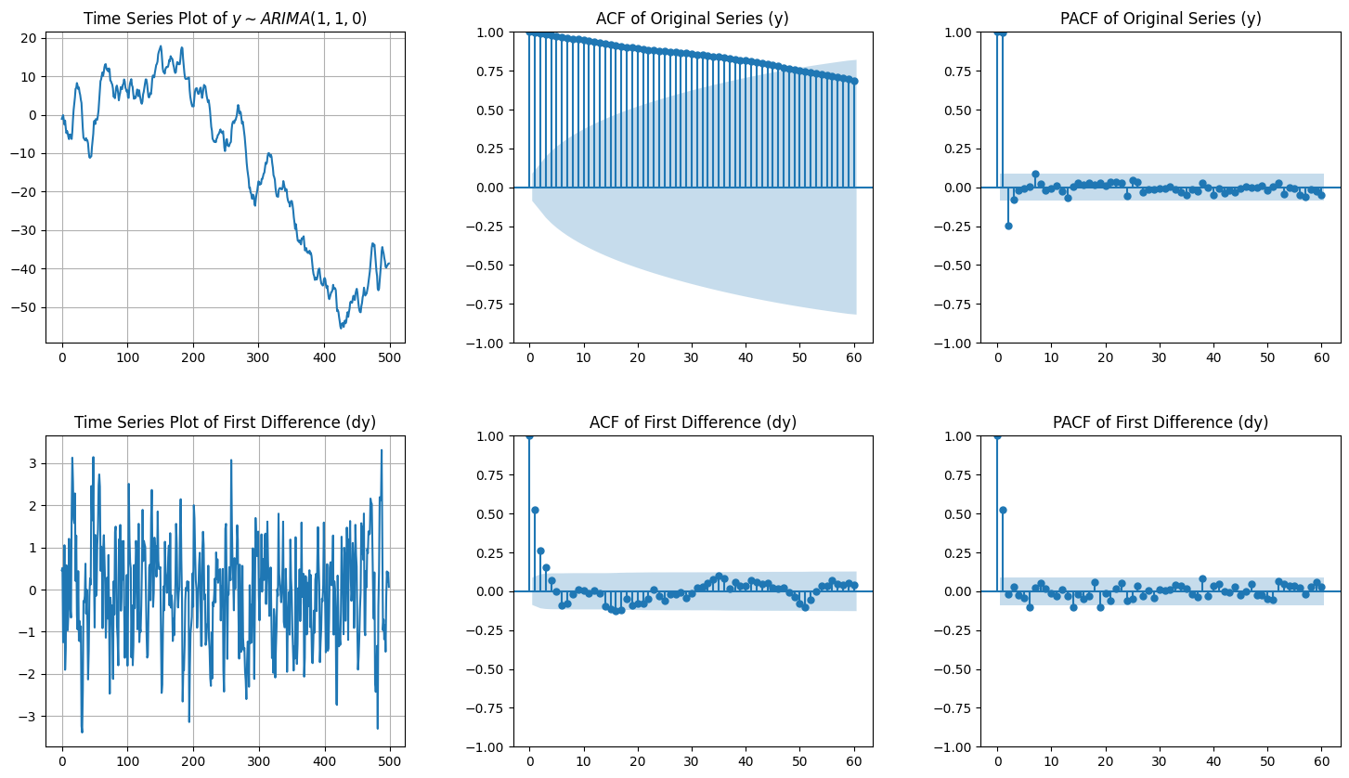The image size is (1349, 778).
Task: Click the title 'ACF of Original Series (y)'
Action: pyautogui.click(x=693, y=19)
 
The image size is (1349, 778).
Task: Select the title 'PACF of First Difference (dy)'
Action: pyautogui.click(x=1161, y=422)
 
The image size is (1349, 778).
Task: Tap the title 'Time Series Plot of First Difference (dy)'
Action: pyautogui.click(x=225, y=422)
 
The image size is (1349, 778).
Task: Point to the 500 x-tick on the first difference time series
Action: pyautogui.click(x=390, y=762)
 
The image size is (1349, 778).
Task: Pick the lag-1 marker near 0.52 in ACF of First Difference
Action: pyautogui.click(x=535, y=510)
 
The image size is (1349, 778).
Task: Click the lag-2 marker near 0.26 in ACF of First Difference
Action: pyautogui.click(x=540, y=551)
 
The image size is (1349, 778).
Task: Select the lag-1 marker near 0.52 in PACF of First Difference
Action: pyautogui.click(x=1003, y=510)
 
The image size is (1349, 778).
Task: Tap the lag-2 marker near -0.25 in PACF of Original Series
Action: pyautogui.click(x=1008, y=226)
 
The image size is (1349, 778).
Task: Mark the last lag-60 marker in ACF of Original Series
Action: pyautogui.click(x=854, y=81)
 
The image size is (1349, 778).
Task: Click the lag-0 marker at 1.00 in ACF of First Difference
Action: pyautogui.click(x=529, y=436)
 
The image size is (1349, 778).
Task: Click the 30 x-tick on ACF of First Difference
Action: pyautogui.click(x=692, y=762)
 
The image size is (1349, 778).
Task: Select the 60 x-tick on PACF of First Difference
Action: pyautogui.click(x=1322, y=762)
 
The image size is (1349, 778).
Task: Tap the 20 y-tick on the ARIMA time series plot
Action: pyautogui.click(x=29, y=38)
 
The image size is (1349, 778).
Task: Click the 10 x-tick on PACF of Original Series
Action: pyautogui.click(x=1051, y=358)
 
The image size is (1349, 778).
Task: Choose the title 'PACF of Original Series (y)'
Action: pyautogui.click(x=1161, y=19)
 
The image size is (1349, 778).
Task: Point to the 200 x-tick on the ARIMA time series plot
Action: pyautogui.click(x=193, y=358)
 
